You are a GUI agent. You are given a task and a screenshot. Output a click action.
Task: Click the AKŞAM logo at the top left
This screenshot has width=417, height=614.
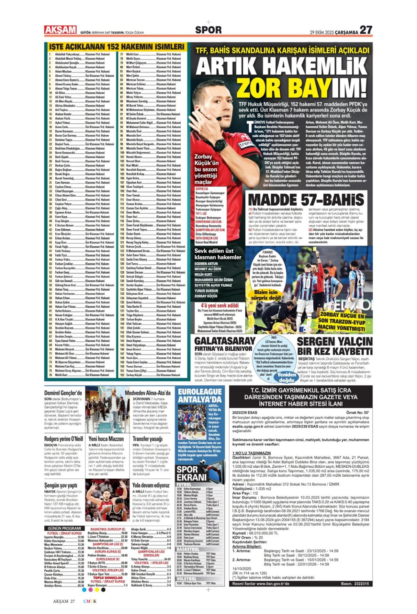[60, 30]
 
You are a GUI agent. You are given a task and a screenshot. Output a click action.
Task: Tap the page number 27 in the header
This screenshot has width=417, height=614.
[366, 30]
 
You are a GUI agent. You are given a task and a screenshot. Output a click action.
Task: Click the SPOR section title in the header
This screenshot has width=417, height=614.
[208, 30]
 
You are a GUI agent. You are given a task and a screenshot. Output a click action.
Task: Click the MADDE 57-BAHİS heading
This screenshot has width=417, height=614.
[306, 200]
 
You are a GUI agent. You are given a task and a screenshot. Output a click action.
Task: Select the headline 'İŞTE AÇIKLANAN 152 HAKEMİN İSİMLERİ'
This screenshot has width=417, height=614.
[116, 46]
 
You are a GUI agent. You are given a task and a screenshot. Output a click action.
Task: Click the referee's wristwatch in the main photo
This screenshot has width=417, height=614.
[221, 144]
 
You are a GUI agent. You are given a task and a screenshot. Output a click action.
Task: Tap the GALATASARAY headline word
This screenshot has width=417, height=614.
[225, 341]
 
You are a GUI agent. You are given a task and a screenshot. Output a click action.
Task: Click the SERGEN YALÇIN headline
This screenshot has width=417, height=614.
[334, 341]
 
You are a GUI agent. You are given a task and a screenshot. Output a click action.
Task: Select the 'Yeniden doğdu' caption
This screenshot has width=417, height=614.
[286, 377]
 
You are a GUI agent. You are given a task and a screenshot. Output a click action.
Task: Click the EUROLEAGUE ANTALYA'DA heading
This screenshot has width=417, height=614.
[199, 395]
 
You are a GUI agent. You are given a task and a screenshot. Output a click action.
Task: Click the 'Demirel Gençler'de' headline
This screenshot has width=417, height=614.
[63, 393]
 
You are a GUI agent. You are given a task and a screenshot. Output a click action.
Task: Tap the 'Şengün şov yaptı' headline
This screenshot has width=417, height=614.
[60, 485]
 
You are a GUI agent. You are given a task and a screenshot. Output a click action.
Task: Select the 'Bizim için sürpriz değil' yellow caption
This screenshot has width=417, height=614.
[266, 295]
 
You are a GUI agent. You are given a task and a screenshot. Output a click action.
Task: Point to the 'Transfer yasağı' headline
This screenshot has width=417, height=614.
[147, 439]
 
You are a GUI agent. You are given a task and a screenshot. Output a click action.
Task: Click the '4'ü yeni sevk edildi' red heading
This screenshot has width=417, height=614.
[220, 306]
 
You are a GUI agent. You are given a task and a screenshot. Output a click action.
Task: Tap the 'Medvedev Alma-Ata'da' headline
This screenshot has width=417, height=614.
[147, 393]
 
